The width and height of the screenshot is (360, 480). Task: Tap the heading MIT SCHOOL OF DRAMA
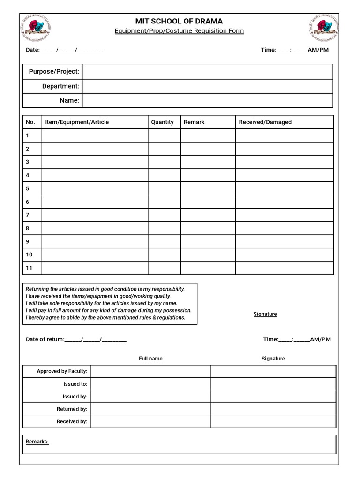click(179, 21)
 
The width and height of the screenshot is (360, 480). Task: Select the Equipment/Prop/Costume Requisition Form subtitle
click(179, 31)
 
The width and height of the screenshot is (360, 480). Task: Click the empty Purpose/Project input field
click(207, 72)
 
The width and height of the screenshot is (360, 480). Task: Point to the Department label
click(60, 86)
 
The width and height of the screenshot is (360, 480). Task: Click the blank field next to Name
click(207, 100)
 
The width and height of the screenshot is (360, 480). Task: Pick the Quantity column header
click(162, 122)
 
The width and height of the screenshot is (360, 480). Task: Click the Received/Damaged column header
click(265, 122)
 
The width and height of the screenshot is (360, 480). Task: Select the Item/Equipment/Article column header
click(77, 122)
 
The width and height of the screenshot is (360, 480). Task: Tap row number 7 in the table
click(28, 215)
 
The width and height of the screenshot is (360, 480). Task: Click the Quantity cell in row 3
click(164, 162)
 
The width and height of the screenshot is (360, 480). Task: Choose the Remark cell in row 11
click(208, 268)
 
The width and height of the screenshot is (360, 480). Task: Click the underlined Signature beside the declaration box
click(265, 314)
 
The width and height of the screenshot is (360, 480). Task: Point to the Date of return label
click(45, 339)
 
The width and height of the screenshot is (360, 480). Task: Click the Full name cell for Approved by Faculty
click(150, 371)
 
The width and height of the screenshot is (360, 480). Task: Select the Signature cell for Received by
click(273, 421)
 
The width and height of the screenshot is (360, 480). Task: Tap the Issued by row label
click(75, 397)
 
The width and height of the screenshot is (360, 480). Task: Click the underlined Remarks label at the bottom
click(37, 442)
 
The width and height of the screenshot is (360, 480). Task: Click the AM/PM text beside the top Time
click(318, 50)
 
